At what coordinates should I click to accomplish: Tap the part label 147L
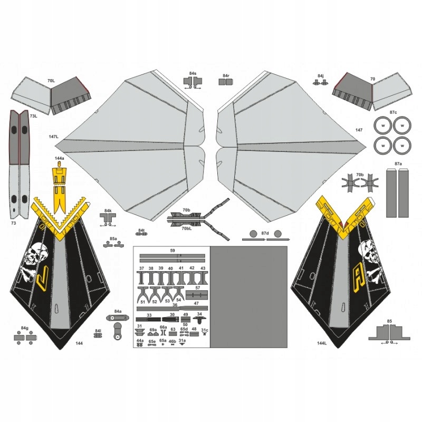click(53, 137)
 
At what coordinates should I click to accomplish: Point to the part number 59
click(172, 251)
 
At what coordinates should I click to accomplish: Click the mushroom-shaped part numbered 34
click(199, 320)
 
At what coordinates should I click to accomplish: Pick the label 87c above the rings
click(393, 112)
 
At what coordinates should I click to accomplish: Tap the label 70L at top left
click(51, 81)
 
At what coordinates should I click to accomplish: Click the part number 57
click(197, 288)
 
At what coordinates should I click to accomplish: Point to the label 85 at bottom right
click(389, 321)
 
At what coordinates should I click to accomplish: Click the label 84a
click(118, 311)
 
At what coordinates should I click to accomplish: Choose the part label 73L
click(33, 116)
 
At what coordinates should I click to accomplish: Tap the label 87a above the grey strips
click(398, 165)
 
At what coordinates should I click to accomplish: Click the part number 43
click(203, 268)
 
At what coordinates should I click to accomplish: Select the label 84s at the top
click(193, 75)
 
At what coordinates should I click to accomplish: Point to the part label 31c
click(204, 330)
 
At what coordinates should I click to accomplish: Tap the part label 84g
click(24, 328)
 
